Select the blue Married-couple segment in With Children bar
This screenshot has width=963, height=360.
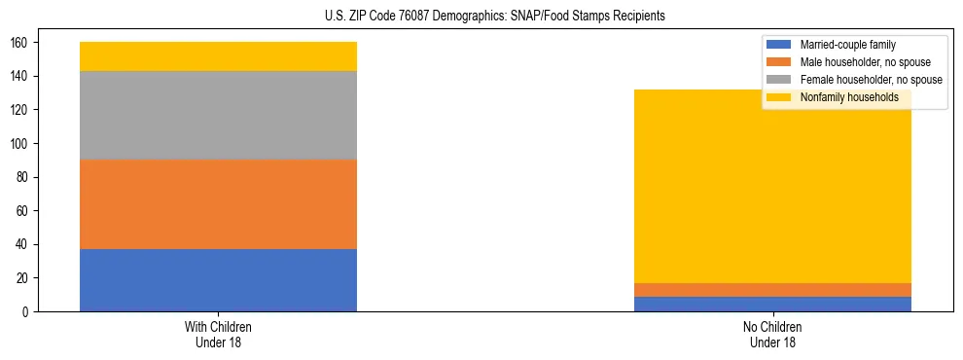pyautogui.click(x=218, y=280)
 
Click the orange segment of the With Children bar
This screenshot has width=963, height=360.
pyautogui.click(x=218, y=204)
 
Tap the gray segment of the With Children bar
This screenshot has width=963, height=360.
pyautogui.click(x=218, y=115)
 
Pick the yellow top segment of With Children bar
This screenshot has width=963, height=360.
pyautogui.click(x=218, y=56)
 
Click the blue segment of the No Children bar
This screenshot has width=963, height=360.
pyautogui.click(x=772, y=304)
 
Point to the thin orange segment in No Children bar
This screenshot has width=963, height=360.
pyautogui.click(x=772, y=290)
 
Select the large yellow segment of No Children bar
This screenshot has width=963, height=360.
pyautogui.click(x=772, y=195)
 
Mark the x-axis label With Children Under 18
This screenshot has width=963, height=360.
pyautogui.click(x=218, y=335)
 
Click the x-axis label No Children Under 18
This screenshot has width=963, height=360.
pyautogui.click(x=772, y=335)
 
